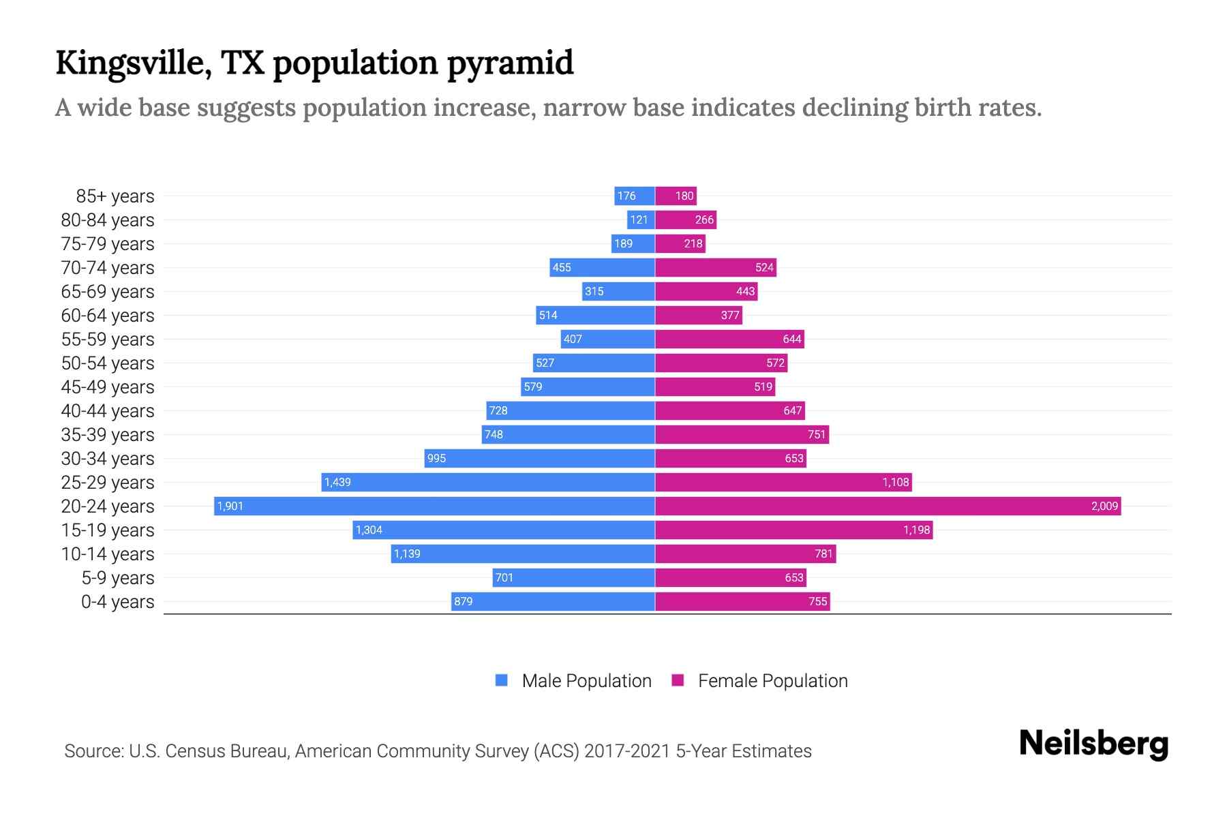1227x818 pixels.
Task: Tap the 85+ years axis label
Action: (x=115, y=196)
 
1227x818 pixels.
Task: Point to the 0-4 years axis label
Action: (x=117, y=602)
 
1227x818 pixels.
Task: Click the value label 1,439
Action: (x=337, y=482)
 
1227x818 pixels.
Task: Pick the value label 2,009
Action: (x=1104, y=506)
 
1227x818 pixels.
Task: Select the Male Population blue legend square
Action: (x=502, y=680)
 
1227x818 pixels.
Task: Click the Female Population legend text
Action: (x=772, y=681)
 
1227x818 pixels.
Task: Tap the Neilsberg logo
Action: (x=1093, y=744)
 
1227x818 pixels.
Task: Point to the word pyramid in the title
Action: (x=510, y=63)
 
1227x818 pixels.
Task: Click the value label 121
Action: (x=639, y=219)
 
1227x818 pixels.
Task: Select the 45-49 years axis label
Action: (x=108, y=387)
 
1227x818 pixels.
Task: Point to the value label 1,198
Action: (x=916, y=530)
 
